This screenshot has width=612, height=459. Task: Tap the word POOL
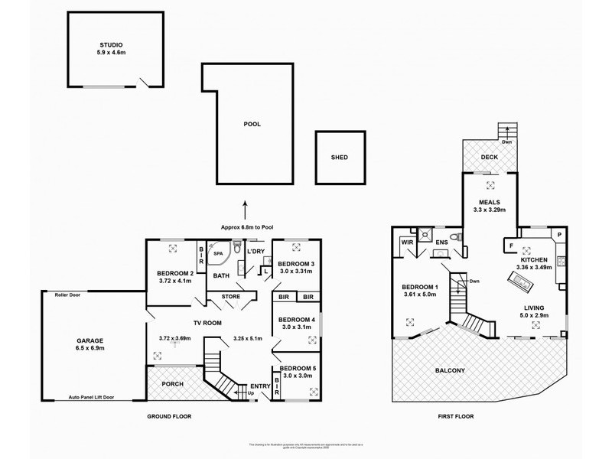pyautogui.click(x=252, y=123)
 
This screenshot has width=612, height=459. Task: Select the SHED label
pyautogui.click(x=339, y=157)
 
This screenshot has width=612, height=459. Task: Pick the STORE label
pyautogui.click(x=231, y=296)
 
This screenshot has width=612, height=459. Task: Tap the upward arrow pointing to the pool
pyautogui.click(x=246, y=207)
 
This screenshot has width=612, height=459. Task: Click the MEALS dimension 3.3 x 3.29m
pyautogui.click(x=490, y=210)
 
